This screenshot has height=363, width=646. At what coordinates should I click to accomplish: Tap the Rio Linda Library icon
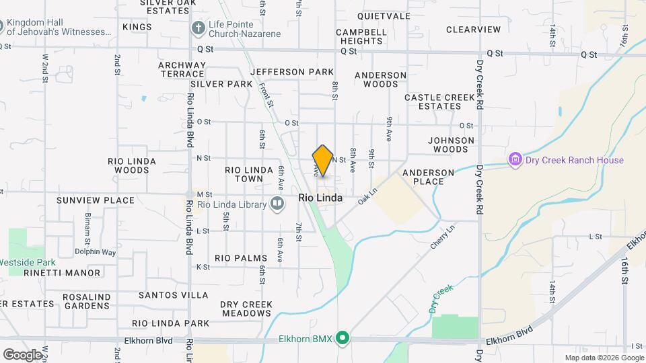click(277, 204)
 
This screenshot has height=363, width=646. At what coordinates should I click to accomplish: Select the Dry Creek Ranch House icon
click(516, 160)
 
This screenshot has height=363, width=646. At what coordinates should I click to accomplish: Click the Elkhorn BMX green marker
click(343, 338)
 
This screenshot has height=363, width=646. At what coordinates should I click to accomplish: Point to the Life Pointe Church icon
click(198, 28)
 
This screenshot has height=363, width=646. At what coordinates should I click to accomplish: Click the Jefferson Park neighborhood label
click(291, 72)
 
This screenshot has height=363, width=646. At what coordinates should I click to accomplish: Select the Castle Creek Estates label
click(441, 102)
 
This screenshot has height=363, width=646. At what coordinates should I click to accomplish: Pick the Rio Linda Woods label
click(132, 166)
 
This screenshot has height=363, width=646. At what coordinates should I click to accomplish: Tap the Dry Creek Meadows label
click(246, 309)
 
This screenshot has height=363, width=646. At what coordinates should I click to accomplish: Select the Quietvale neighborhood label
click(384, 15)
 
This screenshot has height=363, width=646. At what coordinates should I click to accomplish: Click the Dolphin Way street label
click(95, 252)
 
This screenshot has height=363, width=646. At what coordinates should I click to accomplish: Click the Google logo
click(22, 354)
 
